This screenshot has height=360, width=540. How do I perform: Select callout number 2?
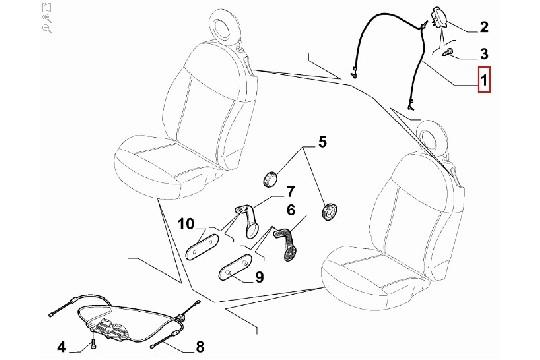point(484,26)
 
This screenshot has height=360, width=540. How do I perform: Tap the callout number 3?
point(484,52)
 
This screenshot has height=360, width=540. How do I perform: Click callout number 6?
point(290,211)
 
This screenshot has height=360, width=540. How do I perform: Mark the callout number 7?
point(279,191)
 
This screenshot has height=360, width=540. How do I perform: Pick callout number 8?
point(199,347)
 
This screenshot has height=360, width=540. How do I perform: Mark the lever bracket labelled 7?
point(245,217)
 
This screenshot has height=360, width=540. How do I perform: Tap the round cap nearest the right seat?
point(326,211)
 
